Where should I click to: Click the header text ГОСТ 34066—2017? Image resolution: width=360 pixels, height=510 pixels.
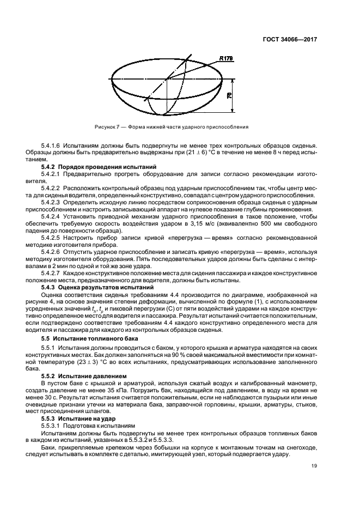290,39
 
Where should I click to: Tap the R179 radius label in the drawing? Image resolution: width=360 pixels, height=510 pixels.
227,58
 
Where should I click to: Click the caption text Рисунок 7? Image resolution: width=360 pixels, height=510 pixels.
107,126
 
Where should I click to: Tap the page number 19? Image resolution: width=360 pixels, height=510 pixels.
314,465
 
